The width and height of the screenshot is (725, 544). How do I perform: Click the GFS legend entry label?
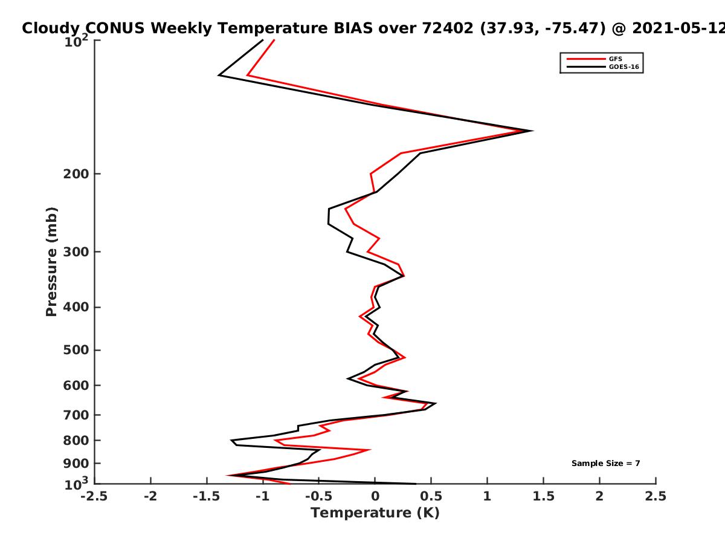point(615,59)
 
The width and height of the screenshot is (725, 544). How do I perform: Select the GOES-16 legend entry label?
point(624,67)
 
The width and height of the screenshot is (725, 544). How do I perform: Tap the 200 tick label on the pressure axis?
point(76,173)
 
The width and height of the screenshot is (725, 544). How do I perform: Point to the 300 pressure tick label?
point(76,252)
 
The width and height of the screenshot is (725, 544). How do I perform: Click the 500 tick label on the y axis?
point(76,350)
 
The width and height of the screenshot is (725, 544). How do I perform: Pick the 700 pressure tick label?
point(76,415)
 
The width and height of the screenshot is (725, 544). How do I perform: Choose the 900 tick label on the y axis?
point(76,464)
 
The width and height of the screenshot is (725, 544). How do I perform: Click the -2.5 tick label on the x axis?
point(94,496)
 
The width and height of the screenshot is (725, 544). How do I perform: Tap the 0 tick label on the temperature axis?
point(375,496)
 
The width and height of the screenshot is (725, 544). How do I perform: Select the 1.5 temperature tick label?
point(543,496)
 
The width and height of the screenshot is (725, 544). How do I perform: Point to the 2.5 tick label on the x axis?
point(656,496)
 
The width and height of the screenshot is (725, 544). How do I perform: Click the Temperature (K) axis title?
point(375,513)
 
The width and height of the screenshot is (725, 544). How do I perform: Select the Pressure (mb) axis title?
point(51,262)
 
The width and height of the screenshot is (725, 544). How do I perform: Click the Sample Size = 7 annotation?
point(606,464)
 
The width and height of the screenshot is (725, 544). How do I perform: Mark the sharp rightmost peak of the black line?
point(532,131)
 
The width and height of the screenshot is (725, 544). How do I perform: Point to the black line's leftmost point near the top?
point(219,76)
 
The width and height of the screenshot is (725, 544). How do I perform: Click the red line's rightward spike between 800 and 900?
point(370,450)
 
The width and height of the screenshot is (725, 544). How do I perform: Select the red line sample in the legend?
point(586,59)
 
